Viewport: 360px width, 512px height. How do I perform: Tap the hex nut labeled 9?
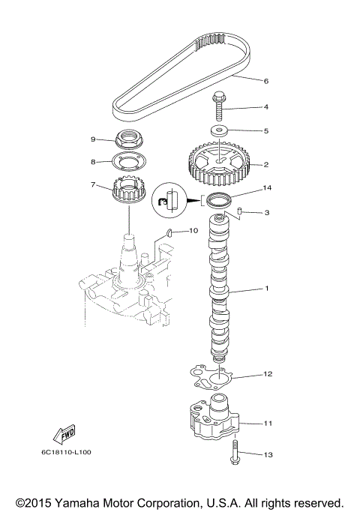(130, 141)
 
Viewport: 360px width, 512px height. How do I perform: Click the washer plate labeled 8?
(130, 161)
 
